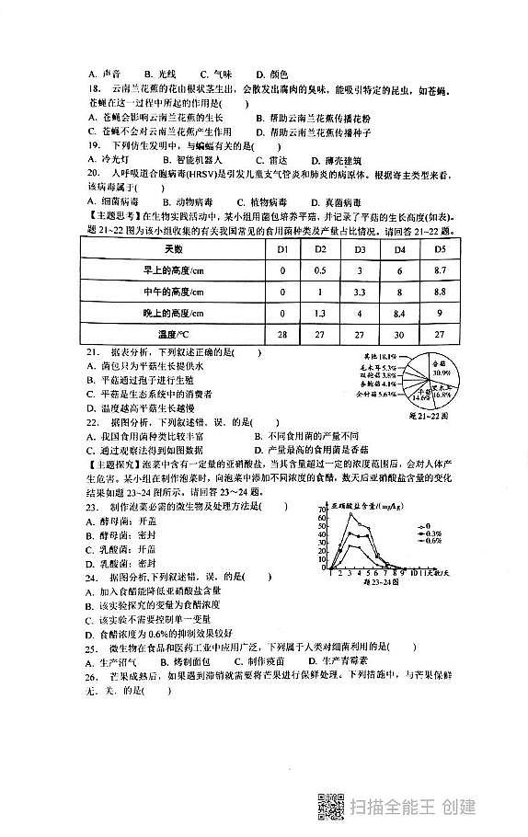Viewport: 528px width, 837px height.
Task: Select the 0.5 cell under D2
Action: (321, 271)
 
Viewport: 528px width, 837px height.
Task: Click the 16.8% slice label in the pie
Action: (442, 393)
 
